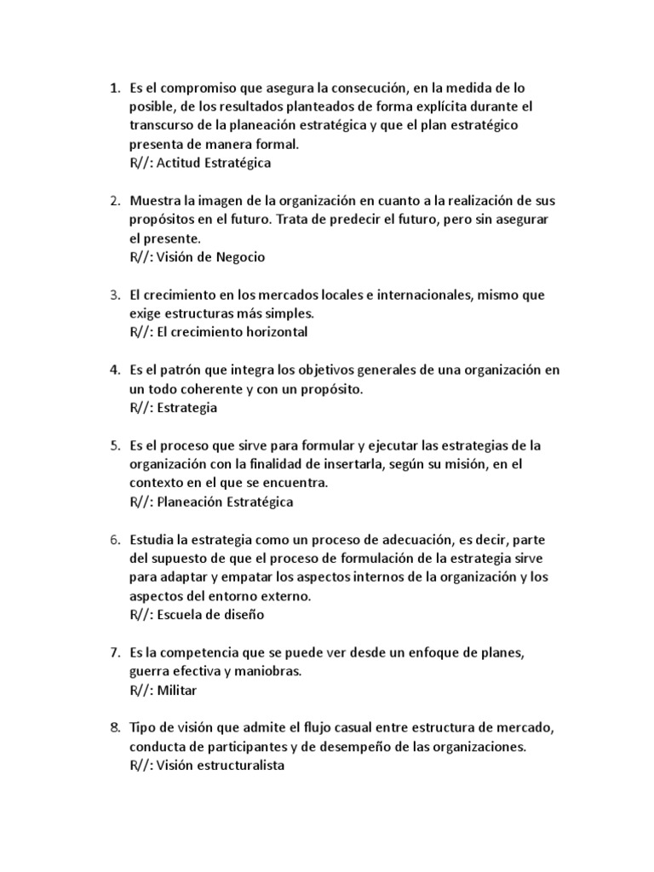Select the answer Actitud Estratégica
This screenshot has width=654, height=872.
tap(214, 163)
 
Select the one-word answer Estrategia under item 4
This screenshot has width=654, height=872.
tap(187, 407)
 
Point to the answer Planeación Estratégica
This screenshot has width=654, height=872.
tap(226, 502)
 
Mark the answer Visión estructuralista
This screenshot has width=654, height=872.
tap(221, 766)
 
